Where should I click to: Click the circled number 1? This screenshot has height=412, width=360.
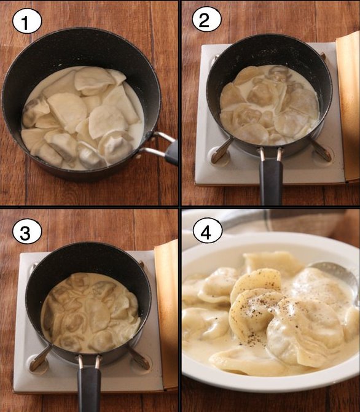27,21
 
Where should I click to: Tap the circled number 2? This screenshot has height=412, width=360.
206,20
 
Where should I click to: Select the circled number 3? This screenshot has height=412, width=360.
27,232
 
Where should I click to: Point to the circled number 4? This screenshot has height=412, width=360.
208,231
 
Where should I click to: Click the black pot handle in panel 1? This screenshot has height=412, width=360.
171,153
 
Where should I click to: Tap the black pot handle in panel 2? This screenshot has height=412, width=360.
271,181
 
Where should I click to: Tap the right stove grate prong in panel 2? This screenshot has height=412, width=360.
320,150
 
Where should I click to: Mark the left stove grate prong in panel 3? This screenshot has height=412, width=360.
40,358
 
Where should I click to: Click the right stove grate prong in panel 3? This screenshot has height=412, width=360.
139,358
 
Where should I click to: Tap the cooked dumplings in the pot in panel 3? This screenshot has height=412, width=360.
90,313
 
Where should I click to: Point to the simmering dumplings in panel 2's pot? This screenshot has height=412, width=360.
270,104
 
